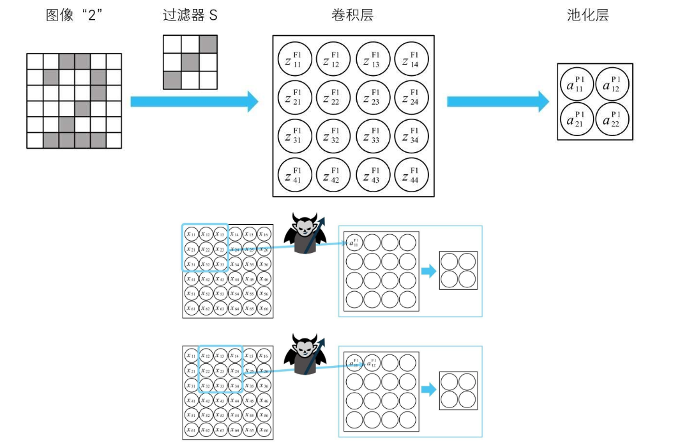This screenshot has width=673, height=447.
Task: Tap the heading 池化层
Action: coord(587,15)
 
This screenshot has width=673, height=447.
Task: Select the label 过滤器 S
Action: coord(190,15)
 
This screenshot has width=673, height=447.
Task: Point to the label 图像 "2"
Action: coord(75,15)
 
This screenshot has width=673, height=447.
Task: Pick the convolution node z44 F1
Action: coord(412,175)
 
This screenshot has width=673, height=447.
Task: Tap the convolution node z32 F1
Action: coord(334,137)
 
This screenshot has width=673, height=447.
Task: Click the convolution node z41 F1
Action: coord(295,175)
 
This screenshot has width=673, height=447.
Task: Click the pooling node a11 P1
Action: coord(577,84)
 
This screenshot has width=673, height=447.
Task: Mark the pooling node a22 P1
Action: coord(612,119)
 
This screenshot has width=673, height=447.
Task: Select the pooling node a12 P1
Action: coord(612,84)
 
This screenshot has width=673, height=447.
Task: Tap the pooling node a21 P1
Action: coord(577,119)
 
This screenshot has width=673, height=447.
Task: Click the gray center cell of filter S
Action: coord(190,62)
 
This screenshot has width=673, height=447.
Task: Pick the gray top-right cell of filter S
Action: coord(208,44)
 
